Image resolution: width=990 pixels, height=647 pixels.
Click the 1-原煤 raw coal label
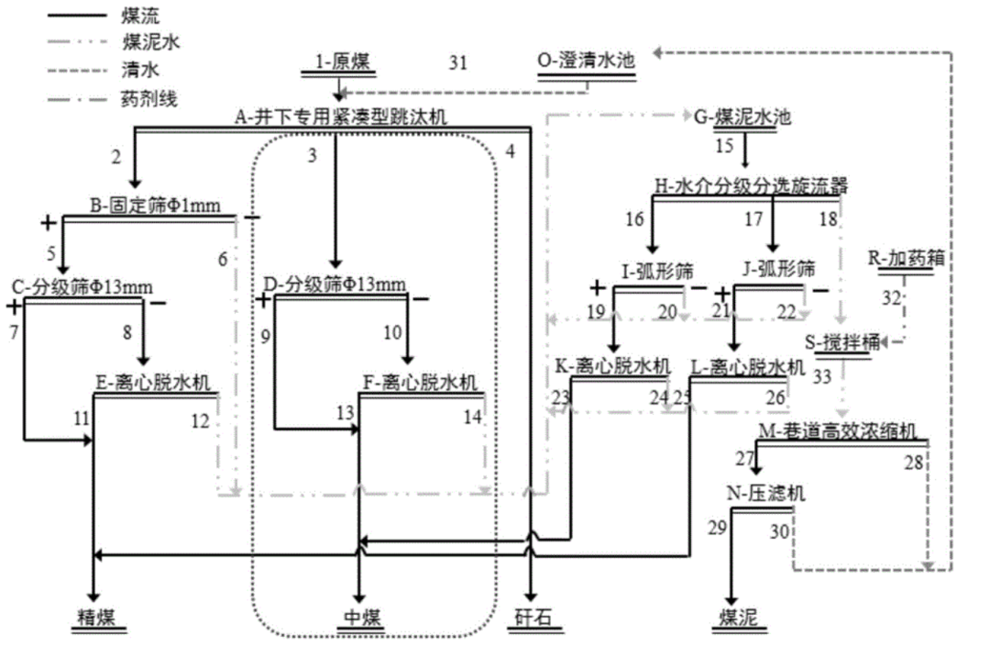(x=340, y=62)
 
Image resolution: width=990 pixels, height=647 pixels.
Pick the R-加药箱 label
(x=906, y=258)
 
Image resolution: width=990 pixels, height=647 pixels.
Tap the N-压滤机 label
(x=766, y=493)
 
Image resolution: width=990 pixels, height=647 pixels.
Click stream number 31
(x=458, y=62)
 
